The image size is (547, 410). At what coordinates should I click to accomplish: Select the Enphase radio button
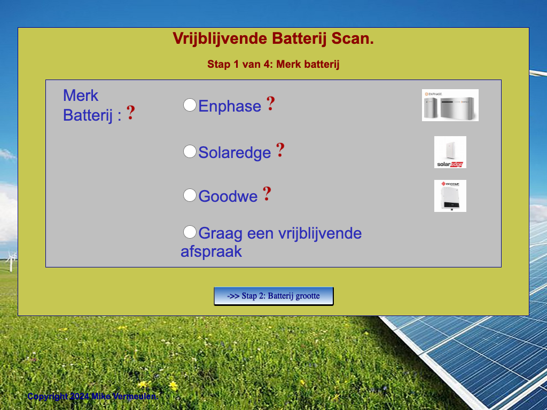pyautogui.click(x=190, y=105)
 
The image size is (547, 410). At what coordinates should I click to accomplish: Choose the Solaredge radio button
pyautogui.click(x=190, y=151)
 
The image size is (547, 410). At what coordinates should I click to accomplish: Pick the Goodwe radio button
pyautogui.click(x=190, y=195)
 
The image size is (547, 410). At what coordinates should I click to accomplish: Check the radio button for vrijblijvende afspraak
pyautogui.click(x=190, y=232)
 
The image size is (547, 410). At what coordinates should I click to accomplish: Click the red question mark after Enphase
pyautogui.click(x=271, y=104)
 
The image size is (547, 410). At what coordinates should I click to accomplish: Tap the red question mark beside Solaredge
pyautogui.click(x=280, y=150)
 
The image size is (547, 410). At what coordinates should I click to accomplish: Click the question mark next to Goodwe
pyautogui.click(x=267, y=194)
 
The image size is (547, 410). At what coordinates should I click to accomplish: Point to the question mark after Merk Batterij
pyautogui.click(x=131, y=113)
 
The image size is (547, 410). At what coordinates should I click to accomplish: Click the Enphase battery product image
pyautogui.click(x=450, y=105)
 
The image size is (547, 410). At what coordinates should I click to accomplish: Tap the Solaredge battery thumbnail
pyautogui.click(x=450, y=152)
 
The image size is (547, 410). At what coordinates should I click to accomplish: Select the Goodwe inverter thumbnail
pyautogui.click(x=450, y=196)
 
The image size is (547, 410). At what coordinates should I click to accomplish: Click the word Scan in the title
pyautogui.click(x=353, y=38)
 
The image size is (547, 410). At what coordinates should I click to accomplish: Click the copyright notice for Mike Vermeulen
pyautogui.click(x=93, y=397)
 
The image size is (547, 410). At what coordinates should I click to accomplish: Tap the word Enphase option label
pyautogui.click(x=230, y=106)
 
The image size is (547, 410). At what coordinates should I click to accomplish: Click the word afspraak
pyautogui.click(x=211, y=251)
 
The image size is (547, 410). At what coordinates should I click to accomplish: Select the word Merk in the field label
pyautogui.click(x=81, y=96)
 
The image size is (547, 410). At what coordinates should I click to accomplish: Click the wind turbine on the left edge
pyautogui.click(x=11, y=261)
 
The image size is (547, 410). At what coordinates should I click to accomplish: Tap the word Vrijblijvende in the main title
pyautogui.click(x=220, y=38)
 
